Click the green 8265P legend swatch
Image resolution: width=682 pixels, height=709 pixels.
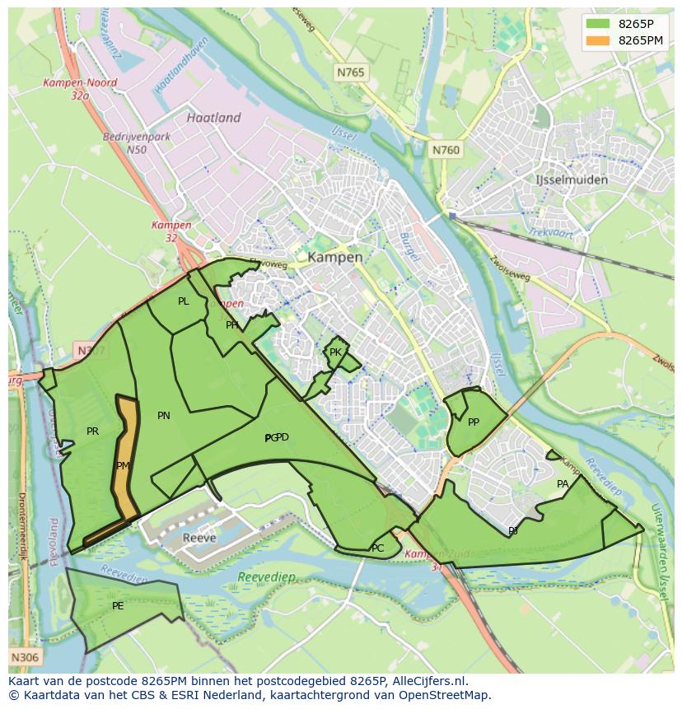pyautogui.click(x=599, y=25)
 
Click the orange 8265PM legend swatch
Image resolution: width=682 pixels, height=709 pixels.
pyautogui.click(x=599, y=40)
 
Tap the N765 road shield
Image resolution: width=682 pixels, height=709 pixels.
pyautogui.click(x=350, y=73)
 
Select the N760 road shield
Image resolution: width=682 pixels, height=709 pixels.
pyautogui.click(x=446, y=150)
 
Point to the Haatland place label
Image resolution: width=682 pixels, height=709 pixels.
pyautogui.click(x=213, y=118)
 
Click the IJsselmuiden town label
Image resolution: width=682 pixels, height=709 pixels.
pyautogui.click(x=571, y=180)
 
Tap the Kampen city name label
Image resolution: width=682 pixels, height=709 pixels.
pyautogui.click(x=335, y=257)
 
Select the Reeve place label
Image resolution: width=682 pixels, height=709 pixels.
pyautogui.click(x=199, y=538)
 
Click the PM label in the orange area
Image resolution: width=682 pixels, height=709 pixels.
pyautogui.click(x=123, y=466)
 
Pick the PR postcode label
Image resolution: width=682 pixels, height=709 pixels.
pyautogui.click(x=92, y=431)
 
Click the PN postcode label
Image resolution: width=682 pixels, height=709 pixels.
pyautogui.click(x=164, y=416)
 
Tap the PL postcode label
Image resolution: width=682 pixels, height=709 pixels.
pyautogui.click(x=183, y=301)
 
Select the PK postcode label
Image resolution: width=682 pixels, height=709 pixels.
pyautogui.click(x=335, y=352)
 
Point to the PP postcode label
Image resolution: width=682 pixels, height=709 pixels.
pyautogui.click(x=474, y=422)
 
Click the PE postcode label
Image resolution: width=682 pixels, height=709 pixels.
pyautogui.click(x=118, y=606)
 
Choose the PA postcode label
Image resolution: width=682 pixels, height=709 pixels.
pyautogui.click(x=563, y=484)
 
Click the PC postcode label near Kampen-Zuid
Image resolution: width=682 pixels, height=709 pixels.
pyautogui.click(x=377, y=548)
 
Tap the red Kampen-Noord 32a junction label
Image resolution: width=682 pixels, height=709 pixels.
pyautogui.click(x=81, y=89)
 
